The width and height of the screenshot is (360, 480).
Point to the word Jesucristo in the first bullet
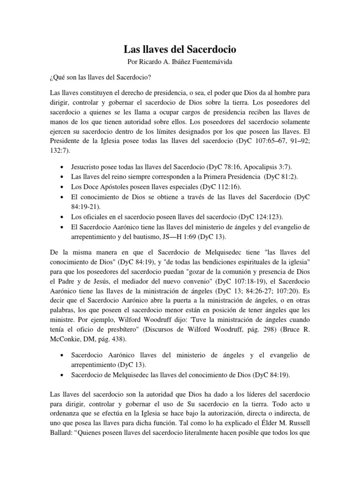tap(88, 167)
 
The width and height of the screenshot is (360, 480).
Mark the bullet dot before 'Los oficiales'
tap(63, 218)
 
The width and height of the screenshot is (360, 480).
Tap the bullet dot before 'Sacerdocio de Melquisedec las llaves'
tap(63, 375)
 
